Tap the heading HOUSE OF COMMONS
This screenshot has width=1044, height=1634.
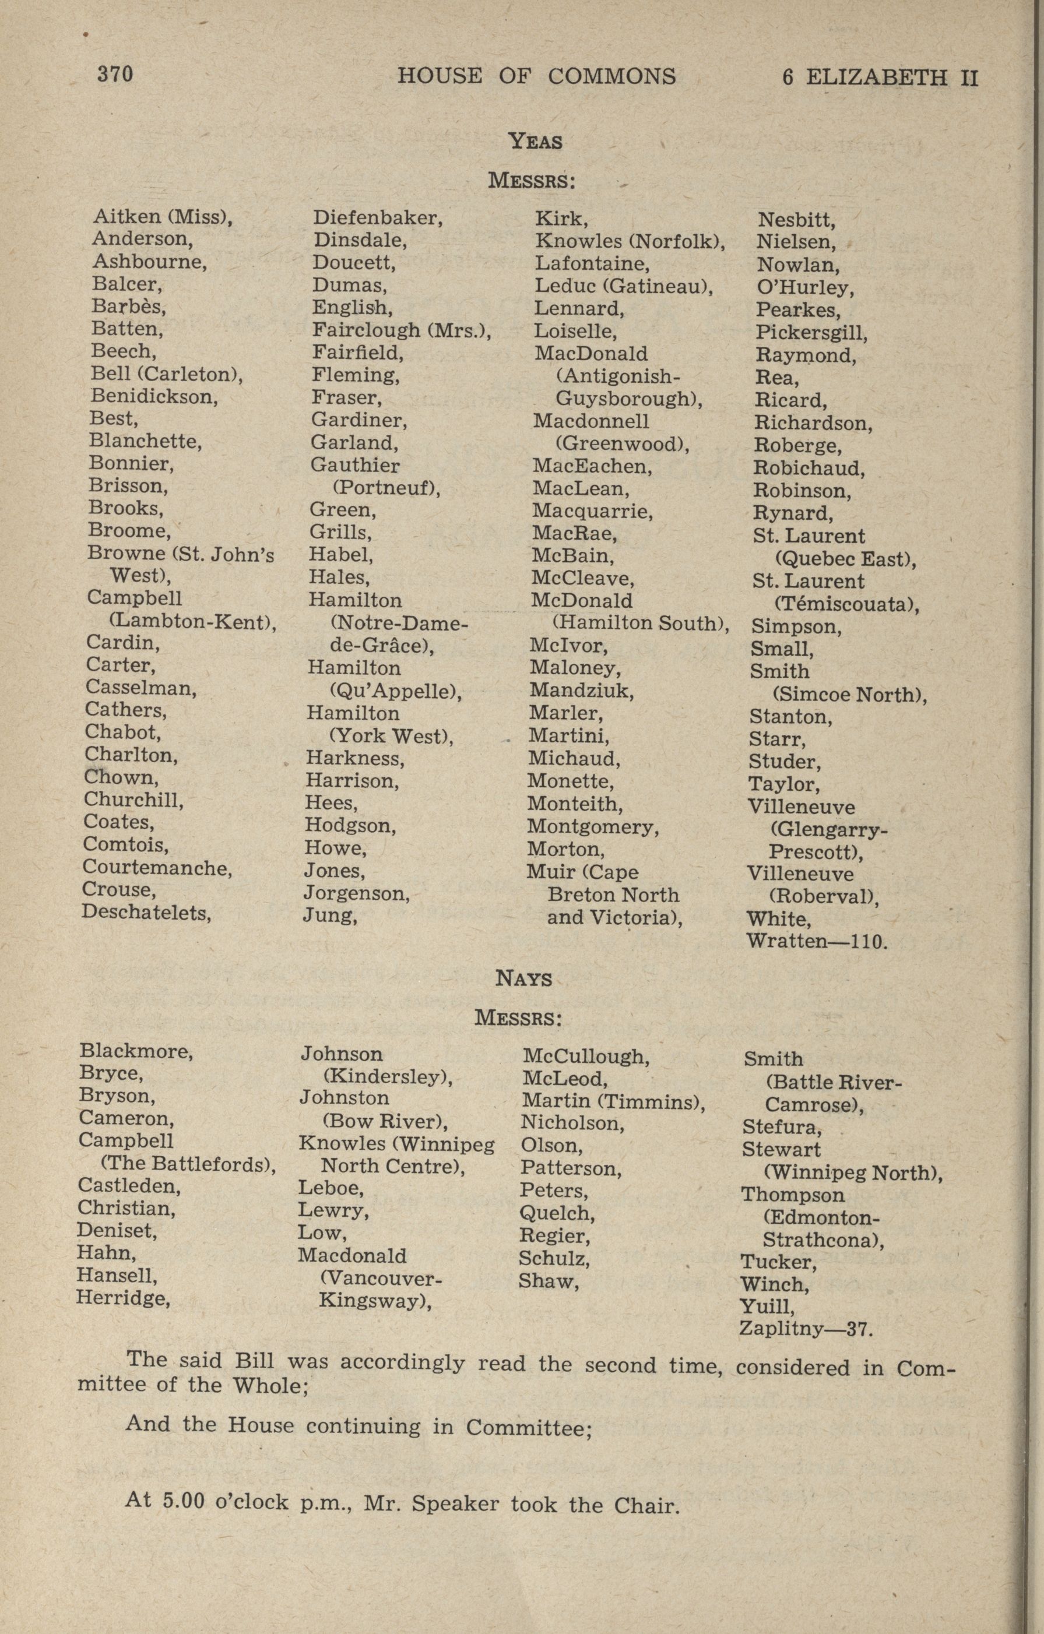(536, 76)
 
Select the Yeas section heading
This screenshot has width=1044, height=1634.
(536, 141)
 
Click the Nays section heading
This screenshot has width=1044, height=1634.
(523, 978)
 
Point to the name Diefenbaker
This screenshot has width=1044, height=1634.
(377, 218)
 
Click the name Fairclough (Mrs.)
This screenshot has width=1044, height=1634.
(400, 330)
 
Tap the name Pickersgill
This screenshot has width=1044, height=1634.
(811, 333)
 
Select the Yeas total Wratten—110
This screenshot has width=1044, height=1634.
(817, 941)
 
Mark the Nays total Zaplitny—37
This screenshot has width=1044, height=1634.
(806, 1329)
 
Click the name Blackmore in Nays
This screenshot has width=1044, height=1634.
(136, 1051)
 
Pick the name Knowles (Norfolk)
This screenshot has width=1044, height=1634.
(630, 241)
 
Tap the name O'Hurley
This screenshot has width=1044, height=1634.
(805, 288)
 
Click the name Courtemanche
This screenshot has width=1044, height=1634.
(157, 867)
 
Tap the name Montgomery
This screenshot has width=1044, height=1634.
(593, 827)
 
